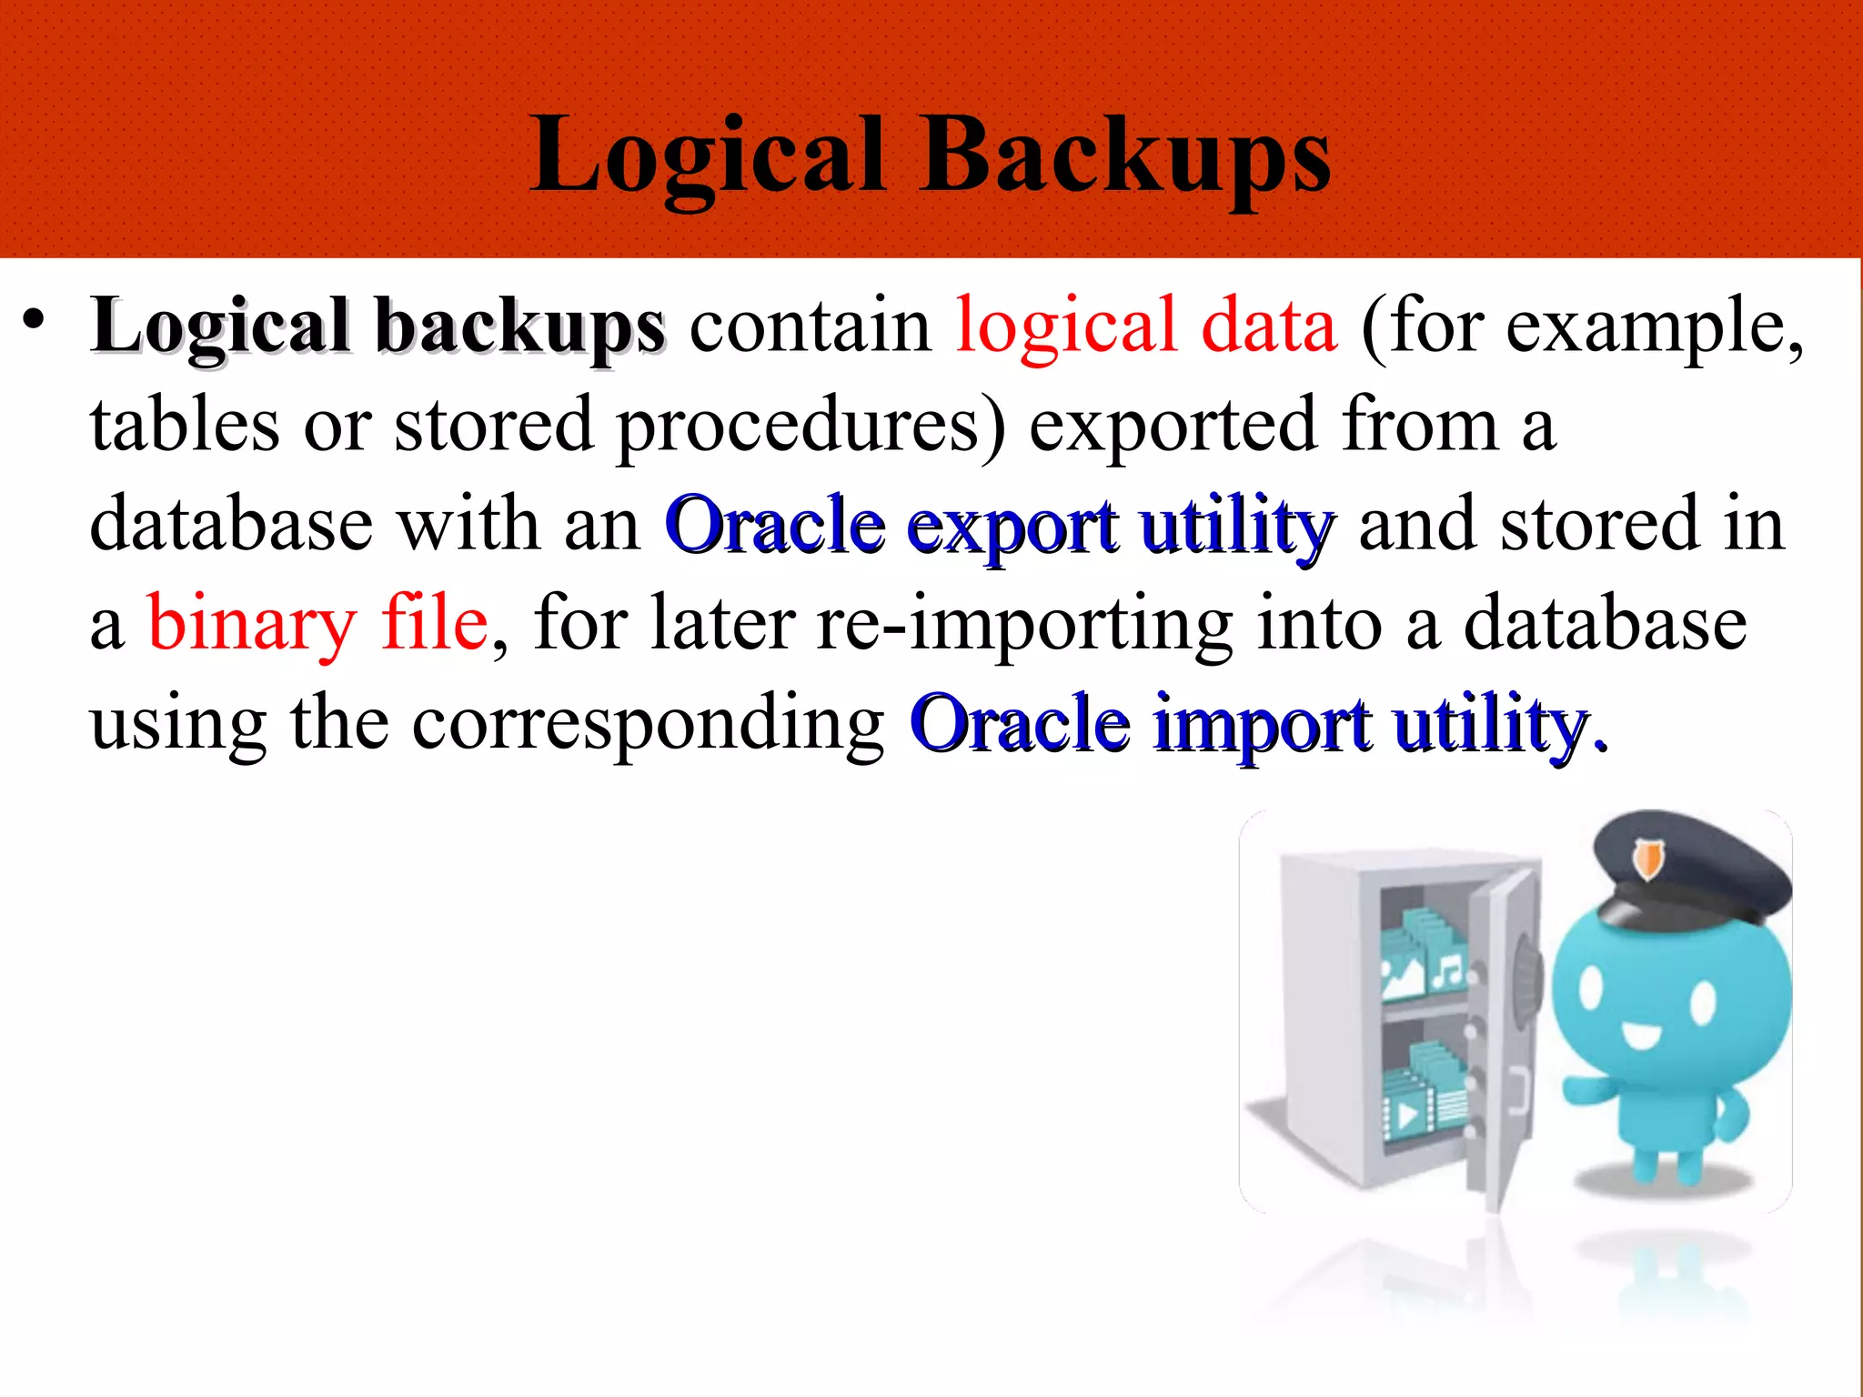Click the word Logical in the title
pyautogui.click(x=709, y=156)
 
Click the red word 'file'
pyautogui.click(x=434, y=624)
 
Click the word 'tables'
pyautogui.click(x=185, y=426)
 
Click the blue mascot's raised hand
pyautogui.click(x=1587, y=1087)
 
